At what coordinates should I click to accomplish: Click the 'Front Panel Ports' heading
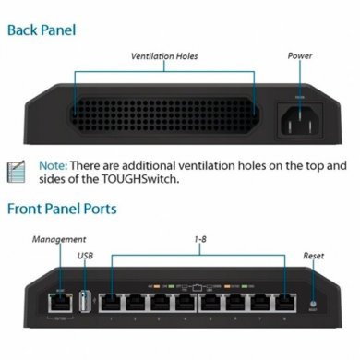point(62,208)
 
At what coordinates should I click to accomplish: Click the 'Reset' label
point(314,256)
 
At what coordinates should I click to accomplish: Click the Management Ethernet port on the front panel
point(52,302)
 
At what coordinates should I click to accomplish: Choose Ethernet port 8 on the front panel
point(286,302)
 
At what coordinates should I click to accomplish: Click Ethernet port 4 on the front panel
point(187,302)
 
